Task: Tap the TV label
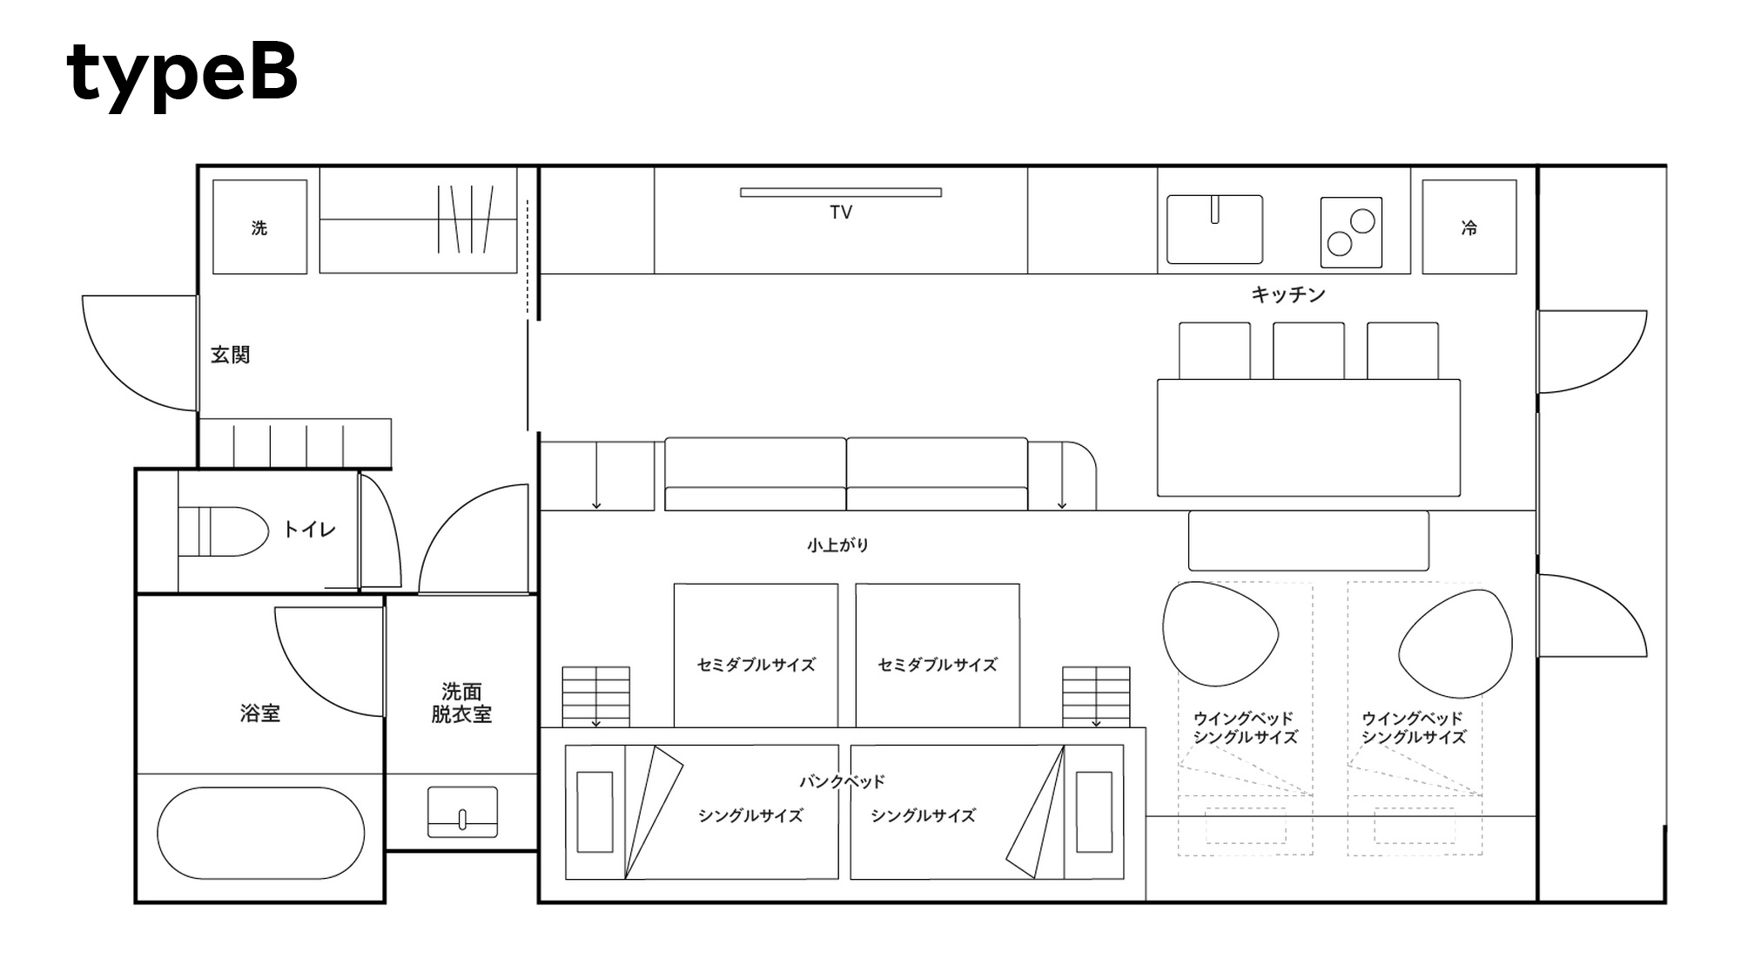click(x=841, y=212)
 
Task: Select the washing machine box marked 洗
click(x=259, y=226)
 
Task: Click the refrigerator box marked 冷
click(x=1469, y=226)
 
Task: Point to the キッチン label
click(x=1288, y=294)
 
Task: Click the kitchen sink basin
click(x=1214, y=229)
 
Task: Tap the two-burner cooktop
click(x=1351, y=232)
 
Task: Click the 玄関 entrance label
click(x=231, y=355)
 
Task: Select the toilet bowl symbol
click(x=224, y=531)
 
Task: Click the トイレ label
click(x=309, y=529)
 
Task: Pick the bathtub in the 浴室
click(x=261, y=833)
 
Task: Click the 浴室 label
click(x=260, y=713)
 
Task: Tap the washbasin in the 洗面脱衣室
click(x=462, y=812)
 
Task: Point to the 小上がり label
click(x=837, y=545)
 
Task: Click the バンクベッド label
click(x=842, y=781)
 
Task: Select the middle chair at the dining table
click(x=1308, y=350)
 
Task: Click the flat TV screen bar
click(x=841, y=193)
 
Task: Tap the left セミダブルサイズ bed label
click(x=756, y=665)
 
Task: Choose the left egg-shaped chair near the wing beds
click(x=1220, y=633)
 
